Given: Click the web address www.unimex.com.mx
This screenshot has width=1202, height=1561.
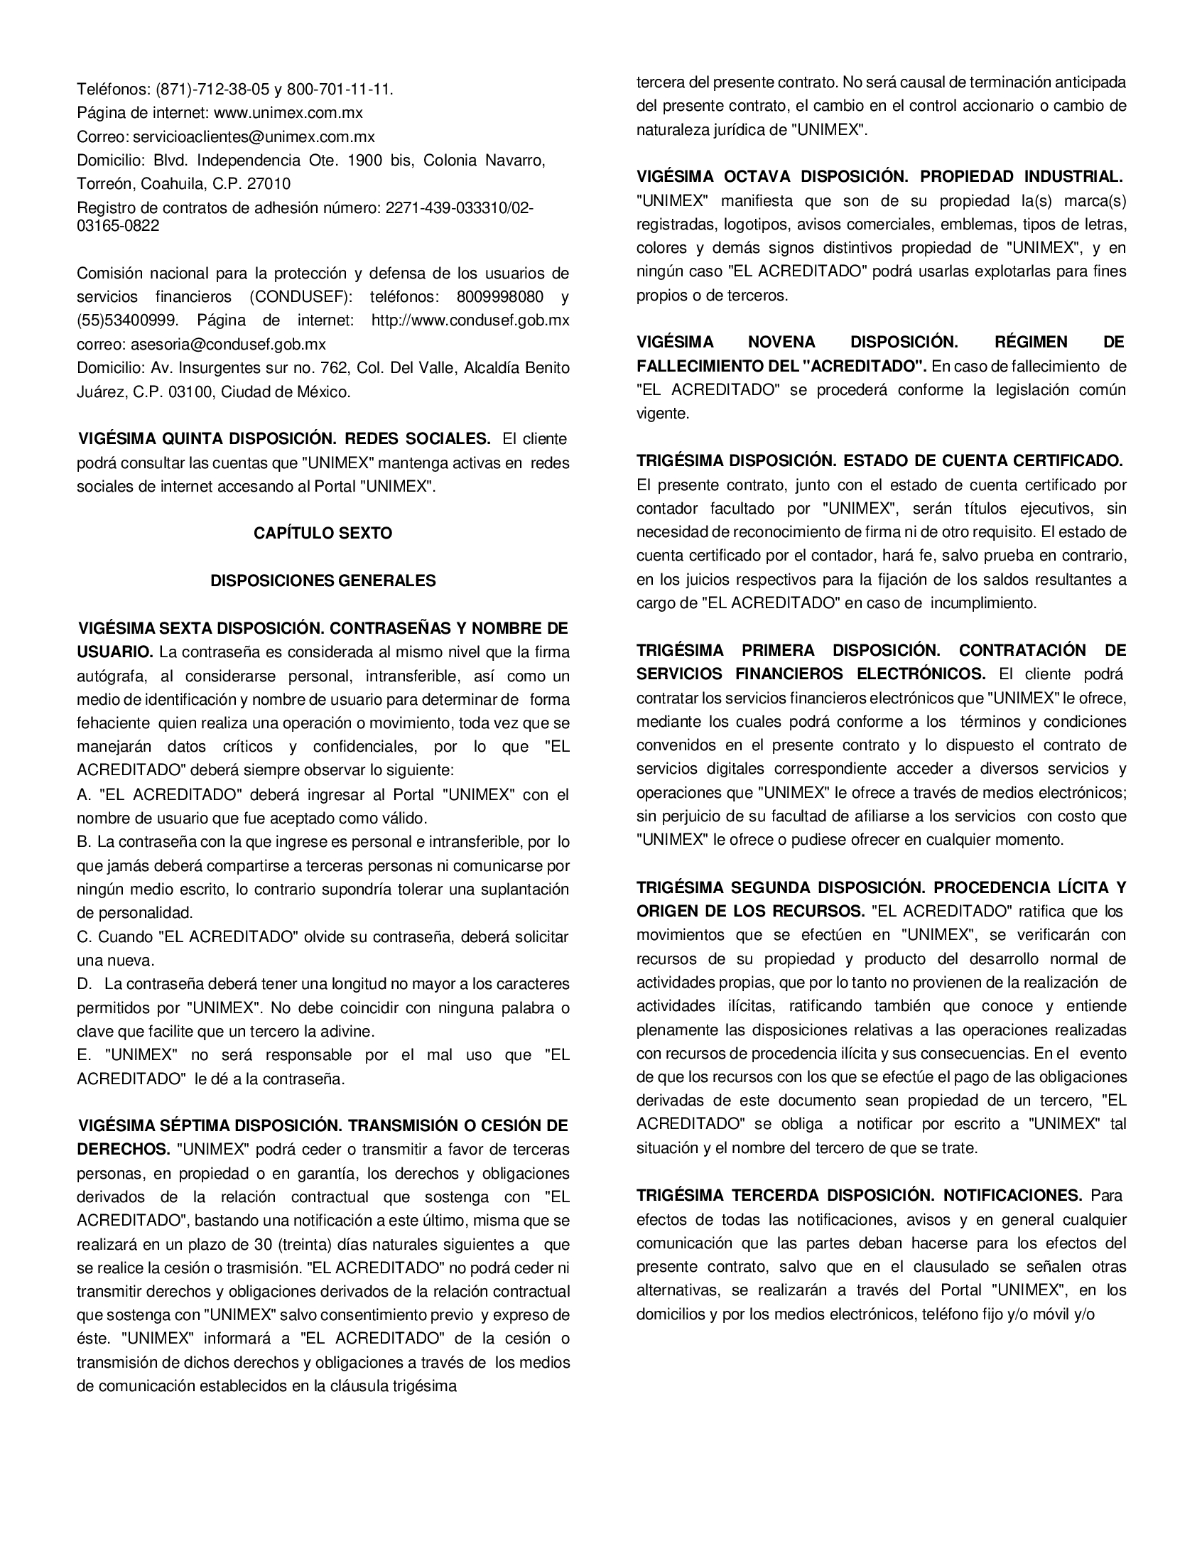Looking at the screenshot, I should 288,113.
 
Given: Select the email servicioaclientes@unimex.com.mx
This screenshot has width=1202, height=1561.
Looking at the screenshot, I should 254,136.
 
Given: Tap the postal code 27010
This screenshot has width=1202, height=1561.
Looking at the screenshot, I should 269,184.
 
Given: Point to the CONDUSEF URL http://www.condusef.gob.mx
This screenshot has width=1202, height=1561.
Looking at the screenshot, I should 470,320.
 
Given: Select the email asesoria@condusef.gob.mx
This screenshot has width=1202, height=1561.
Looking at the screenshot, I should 228,344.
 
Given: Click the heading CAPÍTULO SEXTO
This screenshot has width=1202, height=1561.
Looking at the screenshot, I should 323,533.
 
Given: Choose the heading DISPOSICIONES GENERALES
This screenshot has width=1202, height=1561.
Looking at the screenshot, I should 323,580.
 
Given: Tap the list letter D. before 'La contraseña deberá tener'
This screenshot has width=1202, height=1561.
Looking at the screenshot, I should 85,984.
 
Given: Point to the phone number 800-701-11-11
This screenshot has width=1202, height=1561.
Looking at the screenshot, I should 340,90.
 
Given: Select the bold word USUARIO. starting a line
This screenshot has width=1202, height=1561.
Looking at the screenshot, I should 115,652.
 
